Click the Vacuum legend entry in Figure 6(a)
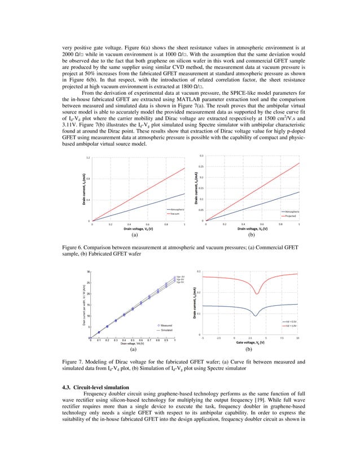[x=175, y=214]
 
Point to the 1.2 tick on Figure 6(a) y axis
[x=88, y=157]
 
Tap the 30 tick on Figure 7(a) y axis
[x=88, y=272]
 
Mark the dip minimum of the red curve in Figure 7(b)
[x=257, y=293]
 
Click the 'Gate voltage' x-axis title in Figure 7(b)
[x=251, y=342]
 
